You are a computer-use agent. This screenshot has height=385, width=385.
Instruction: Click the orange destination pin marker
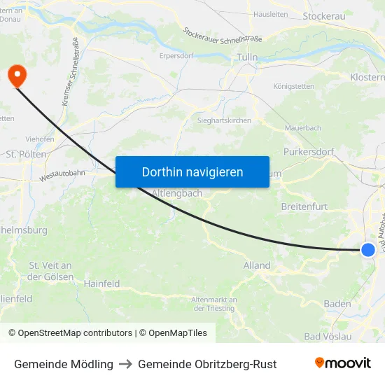coord(15,75)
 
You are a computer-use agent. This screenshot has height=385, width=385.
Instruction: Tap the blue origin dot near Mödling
coord(368,249)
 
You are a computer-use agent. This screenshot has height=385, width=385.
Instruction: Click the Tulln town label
coord(247,57)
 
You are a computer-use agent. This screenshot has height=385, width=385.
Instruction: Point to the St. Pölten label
coord(26,154)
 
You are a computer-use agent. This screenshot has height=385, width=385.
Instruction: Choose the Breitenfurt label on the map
coord(304,206)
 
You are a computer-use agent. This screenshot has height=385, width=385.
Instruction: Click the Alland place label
coord(257,265)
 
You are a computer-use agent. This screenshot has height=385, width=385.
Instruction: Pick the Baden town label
coord(337,304)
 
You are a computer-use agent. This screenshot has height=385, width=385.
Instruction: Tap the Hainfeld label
coord(101,284)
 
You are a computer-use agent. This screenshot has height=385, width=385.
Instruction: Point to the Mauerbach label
coord(302,129)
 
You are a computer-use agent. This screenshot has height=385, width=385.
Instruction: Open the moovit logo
coord(342,363)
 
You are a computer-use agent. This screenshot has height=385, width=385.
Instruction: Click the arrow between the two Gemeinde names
coord(125,364)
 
